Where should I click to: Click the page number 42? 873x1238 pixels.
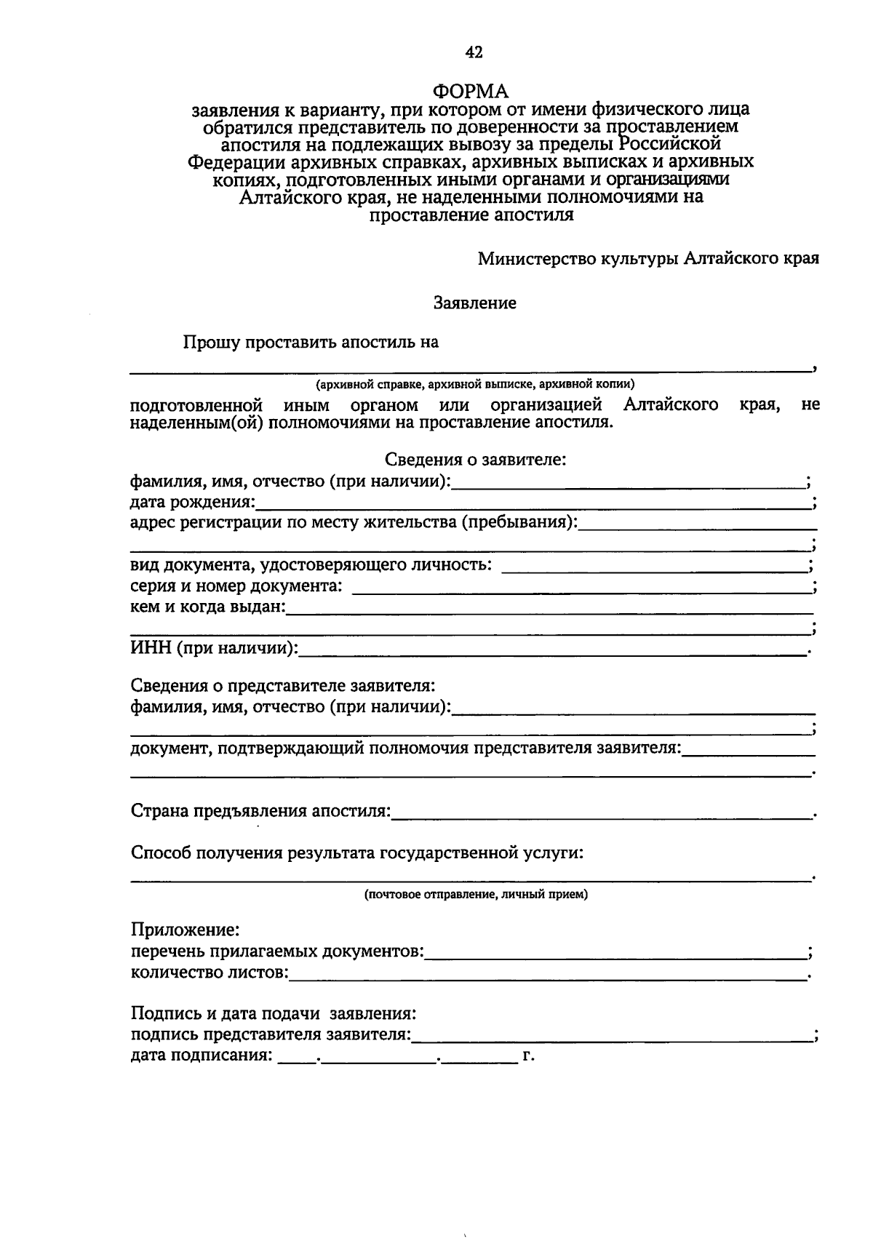point(474,52)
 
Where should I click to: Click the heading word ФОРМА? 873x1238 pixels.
point(471,91)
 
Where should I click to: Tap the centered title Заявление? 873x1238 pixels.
point(475,303)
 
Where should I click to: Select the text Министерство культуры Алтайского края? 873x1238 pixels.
point(648,259)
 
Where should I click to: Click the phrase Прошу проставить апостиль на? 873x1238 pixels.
point(311,342)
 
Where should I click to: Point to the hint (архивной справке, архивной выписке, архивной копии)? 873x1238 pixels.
point(475,384)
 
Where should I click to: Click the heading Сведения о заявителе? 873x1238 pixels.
point(475,460)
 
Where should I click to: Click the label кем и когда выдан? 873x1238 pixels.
point(208,607)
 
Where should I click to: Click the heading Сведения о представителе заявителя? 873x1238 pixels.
point(283,685)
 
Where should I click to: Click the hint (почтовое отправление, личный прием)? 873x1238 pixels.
point(476,895)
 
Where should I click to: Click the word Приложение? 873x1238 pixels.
point(185,930)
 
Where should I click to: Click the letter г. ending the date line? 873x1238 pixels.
point(528,1055)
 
